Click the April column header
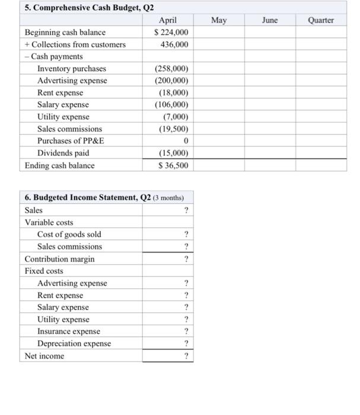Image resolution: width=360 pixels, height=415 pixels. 168,20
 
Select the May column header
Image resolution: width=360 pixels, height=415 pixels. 218,20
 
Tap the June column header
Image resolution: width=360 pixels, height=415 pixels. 270,20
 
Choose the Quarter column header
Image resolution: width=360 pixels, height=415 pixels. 321,20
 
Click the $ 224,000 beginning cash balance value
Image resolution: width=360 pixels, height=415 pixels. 171,32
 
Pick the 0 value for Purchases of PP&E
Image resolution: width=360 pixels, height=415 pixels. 186,141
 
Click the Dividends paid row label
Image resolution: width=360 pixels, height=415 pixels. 63,153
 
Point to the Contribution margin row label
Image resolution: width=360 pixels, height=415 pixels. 59,259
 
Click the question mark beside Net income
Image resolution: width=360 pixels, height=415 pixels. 186,356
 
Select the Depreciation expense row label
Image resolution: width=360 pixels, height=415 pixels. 74,344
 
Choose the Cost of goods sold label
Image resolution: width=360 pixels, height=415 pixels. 69,234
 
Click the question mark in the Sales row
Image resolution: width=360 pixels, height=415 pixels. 186,210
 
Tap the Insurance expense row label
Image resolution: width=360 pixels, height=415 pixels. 69,331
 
